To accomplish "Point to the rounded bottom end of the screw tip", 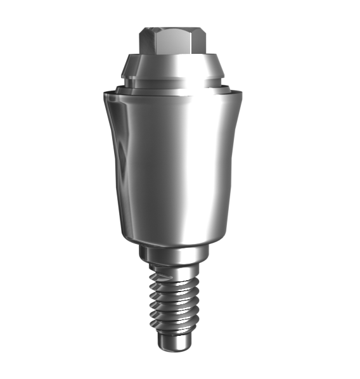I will pos(172,352).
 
